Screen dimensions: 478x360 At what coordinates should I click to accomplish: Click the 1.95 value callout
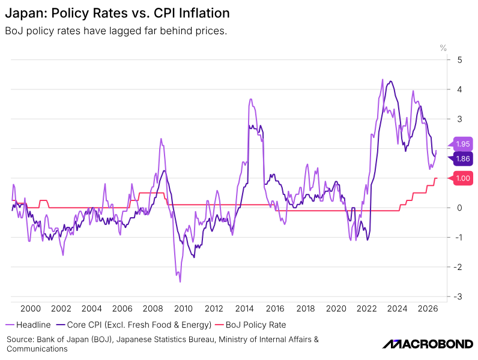coord(461,144)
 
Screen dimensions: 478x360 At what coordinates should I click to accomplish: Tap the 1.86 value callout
coord(461,158)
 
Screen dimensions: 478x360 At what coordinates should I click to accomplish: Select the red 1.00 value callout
coord(461,178)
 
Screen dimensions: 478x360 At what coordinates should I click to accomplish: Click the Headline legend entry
coord(28,325)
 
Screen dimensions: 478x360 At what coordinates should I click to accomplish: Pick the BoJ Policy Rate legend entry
coord(250,325)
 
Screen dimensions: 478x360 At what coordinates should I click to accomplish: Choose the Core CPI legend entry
coord(134,325)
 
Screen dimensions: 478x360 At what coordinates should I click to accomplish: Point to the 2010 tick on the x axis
coord(183,308)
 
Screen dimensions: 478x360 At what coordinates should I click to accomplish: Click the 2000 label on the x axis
coord(31,308)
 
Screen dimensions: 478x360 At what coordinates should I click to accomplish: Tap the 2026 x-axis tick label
coord(428,308)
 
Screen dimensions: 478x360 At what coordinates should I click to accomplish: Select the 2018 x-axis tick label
coord(306,308)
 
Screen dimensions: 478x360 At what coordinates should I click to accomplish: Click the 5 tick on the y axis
coord(460,59)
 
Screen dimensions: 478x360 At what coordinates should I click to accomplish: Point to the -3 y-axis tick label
coord(458,296)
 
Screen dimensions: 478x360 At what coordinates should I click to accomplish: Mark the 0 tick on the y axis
coord(460,208)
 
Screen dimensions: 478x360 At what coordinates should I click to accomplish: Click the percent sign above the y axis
coord(443,48)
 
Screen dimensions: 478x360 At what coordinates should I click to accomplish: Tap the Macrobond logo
coord(428,344)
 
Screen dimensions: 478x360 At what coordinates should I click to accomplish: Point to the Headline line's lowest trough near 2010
coord(180,282)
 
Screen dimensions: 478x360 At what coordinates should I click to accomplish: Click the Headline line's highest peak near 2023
coord(383,79)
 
